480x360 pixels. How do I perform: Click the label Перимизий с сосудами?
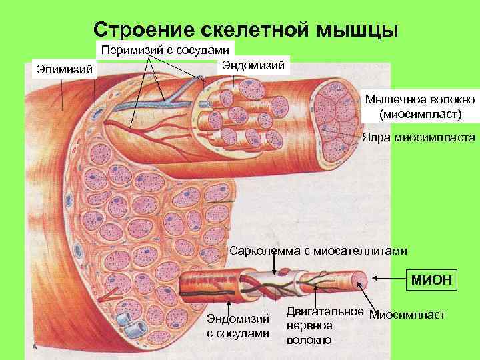click(x=166, y=50)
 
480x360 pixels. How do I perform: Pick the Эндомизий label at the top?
click(x=253, y=65)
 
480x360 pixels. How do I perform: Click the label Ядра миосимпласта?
click(x=418, y=138)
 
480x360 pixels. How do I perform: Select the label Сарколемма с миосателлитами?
click(x=317, y=251)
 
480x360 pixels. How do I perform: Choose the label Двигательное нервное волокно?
click(x=324, y=325)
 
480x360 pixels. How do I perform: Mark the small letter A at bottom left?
click(x=33, y=347)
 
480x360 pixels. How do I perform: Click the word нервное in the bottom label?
click(x=309, y=325)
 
